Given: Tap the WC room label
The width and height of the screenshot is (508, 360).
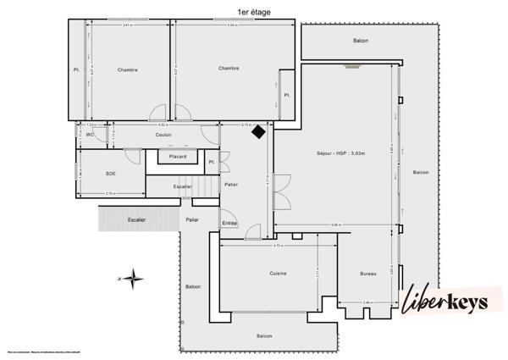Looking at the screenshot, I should (90, 135).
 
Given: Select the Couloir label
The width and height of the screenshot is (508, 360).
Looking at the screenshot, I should (163, 135).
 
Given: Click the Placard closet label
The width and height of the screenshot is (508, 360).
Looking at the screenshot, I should (178, 157).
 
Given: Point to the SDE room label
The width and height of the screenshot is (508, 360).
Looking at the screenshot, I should (110, 173).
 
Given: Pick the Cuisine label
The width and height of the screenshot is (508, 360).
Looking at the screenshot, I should (278, 274).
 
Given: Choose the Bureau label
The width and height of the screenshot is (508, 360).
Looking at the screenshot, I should (367, 274).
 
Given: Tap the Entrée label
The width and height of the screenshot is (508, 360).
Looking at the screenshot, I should (229, 223).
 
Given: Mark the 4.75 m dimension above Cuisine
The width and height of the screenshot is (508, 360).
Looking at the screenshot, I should (278, 246).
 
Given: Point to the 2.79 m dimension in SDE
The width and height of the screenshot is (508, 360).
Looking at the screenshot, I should (110, 194).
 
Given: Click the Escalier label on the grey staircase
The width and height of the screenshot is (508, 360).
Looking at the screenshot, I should (136, 219).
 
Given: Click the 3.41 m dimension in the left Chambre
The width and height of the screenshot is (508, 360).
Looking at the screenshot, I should (127, 25).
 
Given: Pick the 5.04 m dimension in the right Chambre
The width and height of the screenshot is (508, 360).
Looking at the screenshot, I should (231, 25).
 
